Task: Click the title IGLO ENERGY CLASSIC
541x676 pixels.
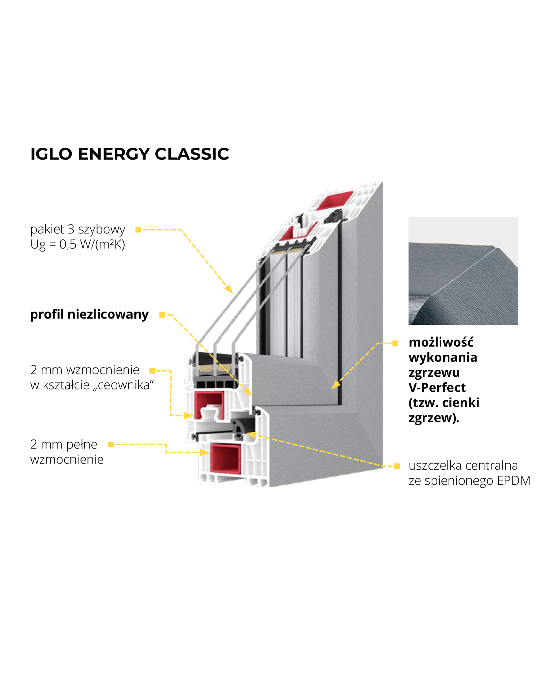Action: pos(129,154)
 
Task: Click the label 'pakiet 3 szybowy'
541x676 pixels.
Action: pos(78,229)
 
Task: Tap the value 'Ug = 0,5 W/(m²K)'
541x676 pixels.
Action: pos(78,244)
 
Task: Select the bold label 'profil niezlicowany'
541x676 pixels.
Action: pos(89,314)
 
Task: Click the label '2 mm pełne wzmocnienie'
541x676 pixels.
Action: pos(66,452)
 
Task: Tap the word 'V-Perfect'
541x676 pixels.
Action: pos(437,387)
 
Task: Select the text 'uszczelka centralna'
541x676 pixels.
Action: pos(463,466)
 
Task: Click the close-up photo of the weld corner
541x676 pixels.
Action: pos(463,271)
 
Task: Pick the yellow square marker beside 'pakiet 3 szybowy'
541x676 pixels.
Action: pos(138,230)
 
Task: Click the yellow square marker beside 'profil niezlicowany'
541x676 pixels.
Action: pos(162,315)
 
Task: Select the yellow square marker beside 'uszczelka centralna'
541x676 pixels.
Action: pos(397,466)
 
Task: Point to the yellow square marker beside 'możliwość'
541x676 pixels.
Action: pos(396,343)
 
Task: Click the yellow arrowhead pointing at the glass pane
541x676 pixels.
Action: pos(229,289)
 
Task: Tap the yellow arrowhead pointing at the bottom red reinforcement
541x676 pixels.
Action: pos(204,452)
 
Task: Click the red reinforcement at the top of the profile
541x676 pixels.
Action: pos(333,200)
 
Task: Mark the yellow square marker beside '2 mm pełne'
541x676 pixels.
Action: pos(111,444)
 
